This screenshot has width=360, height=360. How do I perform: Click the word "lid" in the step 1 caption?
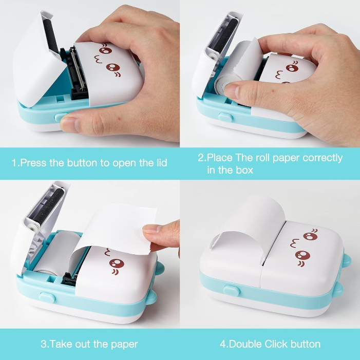click(160, 163)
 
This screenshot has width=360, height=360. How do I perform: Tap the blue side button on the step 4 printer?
click(233, 291)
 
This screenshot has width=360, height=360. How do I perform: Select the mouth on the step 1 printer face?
click(96, 62)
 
